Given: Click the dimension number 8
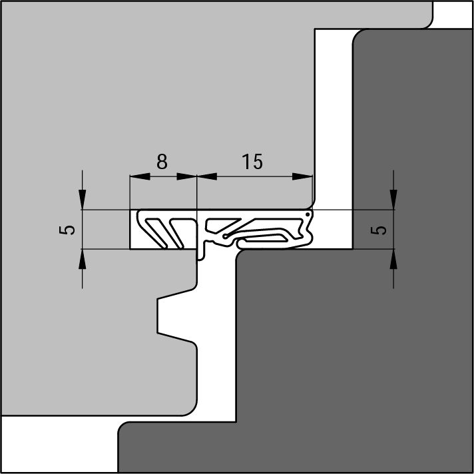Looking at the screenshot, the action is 162,162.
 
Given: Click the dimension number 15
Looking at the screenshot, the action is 252,162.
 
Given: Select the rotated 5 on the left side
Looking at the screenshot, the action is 67,230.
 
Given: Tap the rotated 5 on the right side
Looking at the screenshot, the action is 379,230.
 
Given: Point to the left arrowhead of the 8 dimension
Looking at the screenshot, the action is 140,176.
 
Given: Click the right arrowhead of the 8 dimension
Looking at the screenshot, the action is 186,176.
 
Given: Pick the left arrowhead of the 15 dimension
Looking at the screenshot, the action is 207,176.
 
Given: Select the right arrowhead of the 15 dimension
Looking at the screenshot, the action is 302,176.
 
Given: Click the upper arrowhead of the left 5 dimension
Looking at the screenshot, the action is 83,200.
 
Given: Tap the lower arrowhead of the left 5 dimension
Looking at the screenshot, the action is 83,259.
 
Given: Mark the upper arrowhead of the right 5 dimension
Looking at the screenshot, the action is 393,200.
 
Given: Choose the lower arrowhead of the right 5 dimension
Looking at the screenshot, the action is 393,259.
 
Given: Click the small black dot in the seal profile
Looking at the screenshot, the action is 308,214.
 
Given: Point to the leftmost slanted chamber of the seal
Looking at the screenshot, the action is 156,234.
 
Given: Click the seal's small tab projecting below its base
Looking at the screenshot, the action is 200,250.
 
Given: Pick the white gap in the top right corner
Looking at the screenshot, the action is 452,15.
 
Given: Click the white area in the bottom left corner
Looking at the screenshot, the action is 59,445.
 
